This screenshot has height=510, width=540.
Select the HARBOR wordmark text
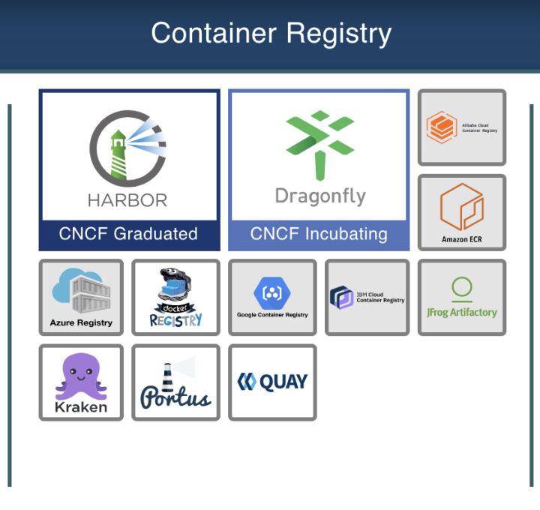tap(127, 200)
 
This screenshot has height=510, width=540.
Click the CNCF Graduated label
tap(128, 234)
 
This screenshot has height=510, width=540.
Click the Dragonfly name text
tap(320, 196)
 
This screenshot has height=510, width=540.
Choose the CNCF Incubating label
tap(319, 234)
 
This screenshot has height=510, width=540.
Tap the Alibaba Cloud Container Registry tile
tap(461, 127)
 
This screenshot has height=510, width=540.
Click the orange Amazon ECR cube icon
tap(461, 206)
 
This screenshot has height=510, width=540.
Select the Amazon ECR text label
tap(461, 240)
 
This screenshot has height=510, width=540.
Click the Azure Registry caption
tap(81, 322)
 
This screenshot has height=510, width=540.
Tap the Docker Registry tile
tap(175, 297)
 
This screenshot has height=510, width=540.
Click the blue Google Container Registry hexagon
tap(272, 292)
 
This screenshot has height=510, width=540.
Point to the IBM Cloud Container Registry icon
tap(342, 297)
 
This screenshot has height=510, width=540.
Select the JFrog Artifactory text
tap(461, 312)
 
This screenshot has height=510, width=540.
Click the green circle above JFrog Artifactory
tap(462, 286)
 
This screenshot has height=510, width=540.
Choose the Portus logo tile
tap(175, 382)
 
